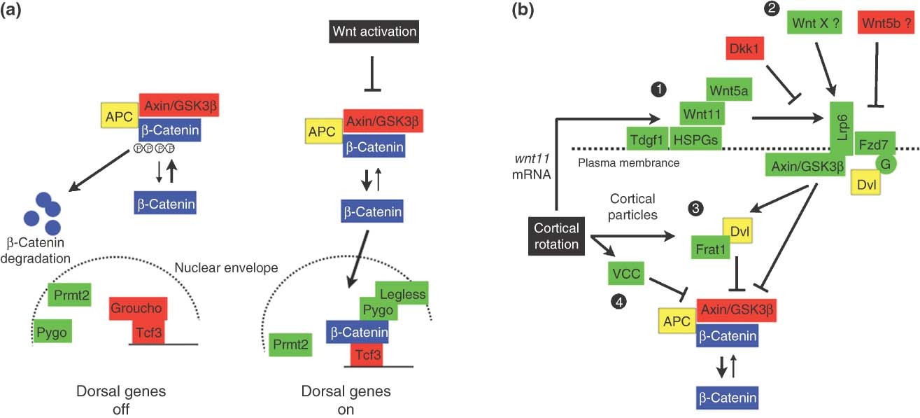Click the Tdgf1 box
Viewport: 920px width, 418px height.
pos(647,139)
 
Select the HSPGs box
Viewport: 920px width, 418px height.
pos(695,139)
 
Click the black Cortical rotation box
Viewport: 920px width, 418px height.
pos(556,237)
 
